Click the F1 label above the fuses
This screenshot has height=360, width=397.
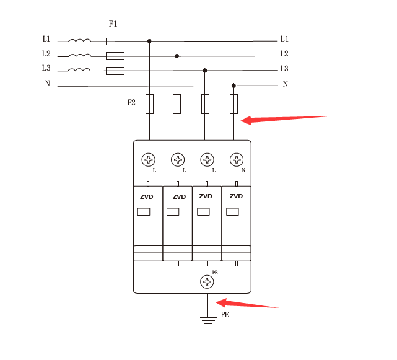point(113,24)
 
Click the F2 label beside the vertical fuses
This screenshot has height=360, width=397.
point(131,103)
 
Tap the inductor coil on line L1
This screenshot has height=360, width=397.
point(79,41)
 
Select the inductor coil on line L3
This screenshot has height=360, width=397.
point(79,70)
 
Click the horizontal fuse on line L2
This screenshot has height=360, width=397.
point(115,56)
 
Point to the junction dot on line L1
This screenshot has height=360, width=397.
point(149,42)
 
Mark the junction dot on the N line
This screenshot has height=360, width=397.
point(233,86)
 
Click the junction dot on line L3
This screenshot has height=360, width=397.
point(205,71)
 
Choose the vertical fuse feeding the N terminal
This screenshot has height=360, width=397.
point(233,104)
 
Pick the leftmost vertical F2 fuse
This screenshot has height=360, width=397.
point(149,104)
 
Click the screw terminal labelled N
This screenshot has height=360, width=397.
point(236,160)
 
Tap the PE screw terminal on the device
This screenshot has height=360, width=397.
point(207,282)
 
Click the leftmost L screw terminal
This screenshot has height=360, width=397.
point(149,160)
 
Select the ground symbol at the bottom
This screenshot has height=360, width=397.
point(207,320)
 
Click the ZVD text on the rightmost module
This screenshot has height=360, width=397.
point(236,196)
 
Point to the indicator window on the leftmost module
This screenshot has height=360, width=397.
point(143,212)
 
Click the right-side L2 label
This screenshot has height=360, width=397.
point(284,54)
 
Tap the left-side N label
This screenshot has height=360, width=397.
point(47,84)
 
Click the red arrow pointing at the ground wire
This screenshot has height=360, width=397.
point(248,304)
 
